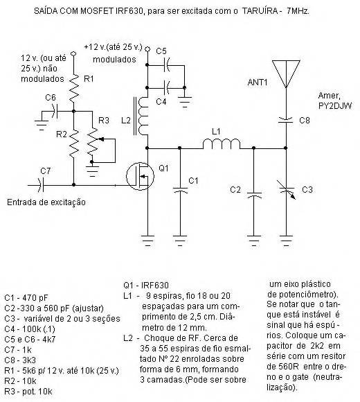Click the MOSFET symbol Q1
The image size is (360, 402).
pos(140,176)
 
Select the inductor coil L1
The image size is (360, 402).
pos(222,144)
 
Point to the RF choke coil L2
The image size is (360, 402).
pos(143,116)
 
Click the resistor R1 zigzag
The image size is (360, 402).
pos(73,87)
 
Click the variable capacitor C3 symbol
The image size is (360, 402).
pos(286,190)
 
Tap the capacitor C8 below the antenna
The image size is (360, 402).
pos(286,120)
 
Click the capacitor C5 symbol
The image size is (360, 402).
pos(166,65)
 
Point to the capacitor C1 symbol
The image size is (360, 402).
pos(180,190)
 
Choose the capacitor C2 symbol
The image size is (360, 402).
pos(254,195)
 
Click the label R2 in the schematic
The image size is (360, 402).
pos(62,134)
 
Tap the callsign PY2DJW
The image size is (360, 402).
pos(335,105)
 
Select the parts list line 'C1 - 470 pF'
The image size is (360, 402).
pos(26,298)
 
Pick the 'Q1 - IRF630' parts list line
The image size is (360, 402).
pos(146,285)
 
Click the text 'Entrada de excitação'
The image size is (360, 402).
pos(46,202)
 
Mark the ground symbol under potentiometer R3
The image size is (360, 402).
pos(92,171)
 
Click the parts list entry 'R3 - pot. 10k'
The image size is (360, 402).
pos(28,392)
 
